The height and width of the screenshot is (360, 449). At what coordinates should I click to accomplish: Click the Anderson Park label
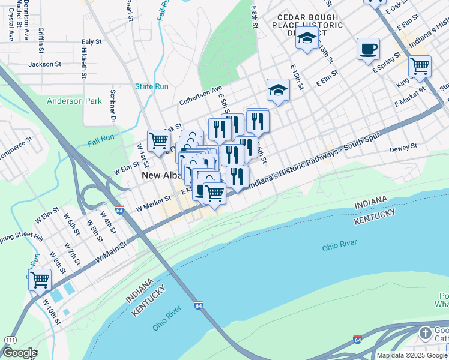tap(74, 101)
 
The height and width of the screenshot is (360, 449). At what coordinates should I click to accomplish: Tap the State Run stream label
tap(152, 86)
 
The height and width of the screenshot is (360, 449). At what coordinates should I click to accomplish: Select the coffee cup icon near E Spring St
tap(367, 49)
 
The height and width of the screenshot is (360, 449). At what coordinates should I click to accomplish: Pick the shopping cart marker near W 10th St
tap(40, 279)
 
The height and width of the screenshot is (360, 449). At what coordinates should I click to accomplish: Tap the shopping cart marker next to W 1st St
tap(158, 140)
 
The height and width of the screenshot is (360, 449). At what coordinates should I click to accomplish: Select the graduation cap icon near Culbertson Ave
tap(278, 90)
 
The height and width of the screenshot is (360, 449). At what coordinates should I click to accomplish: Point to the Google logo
tap(19, 353)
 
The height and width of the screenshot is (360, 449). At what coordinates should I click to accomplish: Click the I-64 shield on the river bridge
tap(198, 305)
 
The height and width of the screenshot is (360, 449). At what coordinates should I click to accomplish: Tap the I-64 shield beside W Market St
tap(120, 211)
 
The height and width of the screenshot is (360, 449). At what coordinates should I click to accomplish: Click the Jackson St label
tap(45, 64)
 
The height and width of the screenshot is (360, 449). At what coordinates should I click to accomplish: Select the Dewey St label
tap(403, 148)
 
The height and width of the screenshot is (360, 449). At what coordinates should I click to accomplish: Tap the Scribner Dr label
tap(112, 106)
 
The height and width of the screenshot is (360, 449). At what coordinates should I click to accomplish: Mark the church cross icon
tap(425, 332)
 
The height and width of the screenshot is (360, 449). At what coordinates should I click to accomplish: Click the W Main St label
tap(112, 251)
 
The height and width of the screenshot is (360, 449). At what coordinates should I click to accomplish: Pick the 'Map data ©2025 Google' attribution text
tap(412, 355)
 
